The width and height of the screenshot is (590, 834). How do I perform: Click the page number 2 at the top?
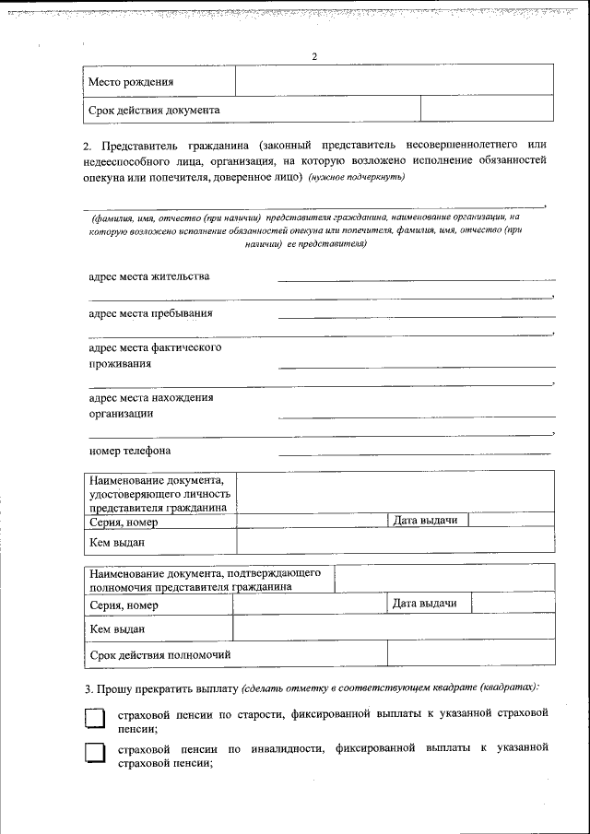click(314, 57)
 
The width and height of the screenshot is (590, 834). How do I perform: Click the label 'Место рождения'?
click(131, 83)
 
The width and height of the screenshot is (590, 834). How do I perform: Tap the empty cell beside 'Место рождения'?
click(394, 80)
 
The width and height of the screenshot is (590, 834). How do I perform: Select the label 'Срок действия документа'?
click(154, 110)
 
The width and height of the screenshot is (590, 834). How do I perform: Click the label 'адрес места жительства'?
click(149, 276)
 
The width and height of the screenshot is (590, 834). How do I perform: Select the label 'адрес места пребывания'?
click(151, 312)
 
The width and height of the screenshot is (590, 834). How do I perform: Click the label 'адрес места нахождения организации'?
click(151, 405)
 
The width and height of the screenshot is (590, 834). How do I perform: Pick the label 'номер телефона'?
click(130, 451)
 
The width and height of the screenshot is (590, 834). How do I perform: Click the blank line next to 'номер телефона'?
click(414, 452)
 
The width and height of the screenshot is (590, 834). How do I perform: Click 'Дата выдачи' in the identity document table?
click(426, 521)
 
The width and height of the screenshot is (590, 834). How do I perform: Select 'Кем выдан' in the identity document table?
click(117, 542)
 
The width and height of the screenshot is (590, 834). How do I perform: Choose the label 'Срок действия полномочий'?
click(159, 654)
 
